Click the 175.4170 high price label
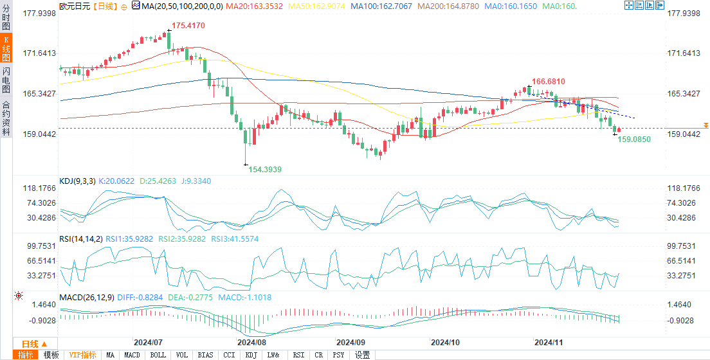[188, 26]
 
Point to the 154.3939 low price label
[265, 169]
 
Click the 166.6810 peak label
[548, 82]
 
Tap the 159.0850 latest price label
[634, 139]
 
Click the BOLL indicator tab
[158, 355]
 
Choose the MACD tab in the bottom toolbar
[132, 355]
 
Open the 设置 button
[362, 355]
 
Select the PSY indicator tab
[339, 355]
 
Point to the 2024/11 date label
[549, 343]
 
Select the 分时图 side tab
[6, 14]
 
